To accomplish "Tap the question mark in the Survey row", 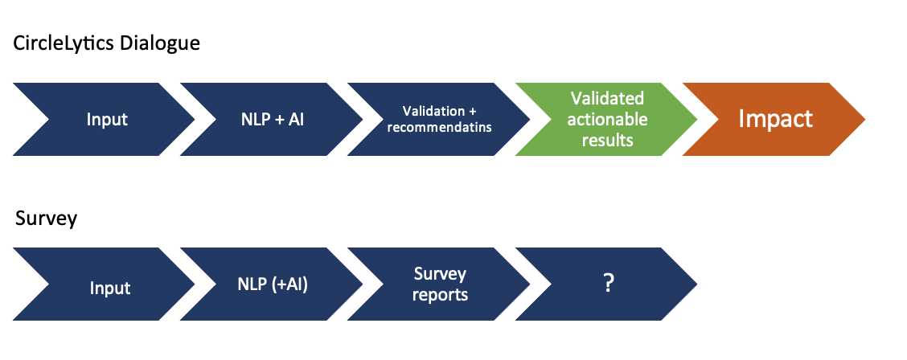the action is pos(608,283).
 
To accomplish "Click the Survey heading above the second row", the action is pos(46,219).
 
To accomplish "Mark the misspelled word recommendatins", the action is pos(440,128).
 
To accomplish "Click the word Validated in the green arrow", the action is pos(607,98).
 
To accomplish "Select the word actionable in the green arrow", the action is pos(607,119).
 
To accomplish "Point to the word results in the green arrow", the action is pos(607,140).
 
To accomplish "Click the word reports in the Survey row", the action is pos(440,295).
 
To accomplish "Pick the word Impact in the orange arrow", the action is pos(775,119).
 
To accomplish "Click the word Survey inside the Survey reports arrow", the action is pos(440,273).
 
